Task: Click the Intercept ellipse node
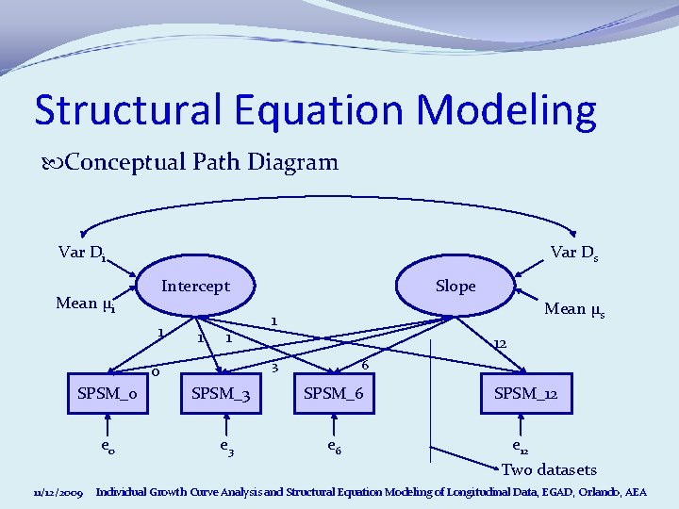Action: [x=195, y=287]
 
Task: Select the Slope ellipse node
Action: [x=455, y=287]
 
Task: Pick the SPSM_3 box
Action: [x=221, y=393]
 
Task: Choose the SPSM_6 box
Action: [x=333, y=393]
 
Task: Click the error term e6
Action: [x=335, y=448]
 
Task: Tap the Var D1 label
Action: [x=81, y=253]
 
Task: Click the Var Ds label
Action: [x=575, y=253]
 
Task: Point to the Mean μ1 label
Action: [x=85, y=304]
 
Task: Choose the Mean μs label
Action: [x=574, y=308]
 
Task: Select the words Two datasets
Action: [x=550, y=469]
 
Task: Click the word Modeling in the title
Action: [x=507, y=110]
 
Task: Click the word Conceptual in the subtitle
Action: [x=120, y=162]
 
